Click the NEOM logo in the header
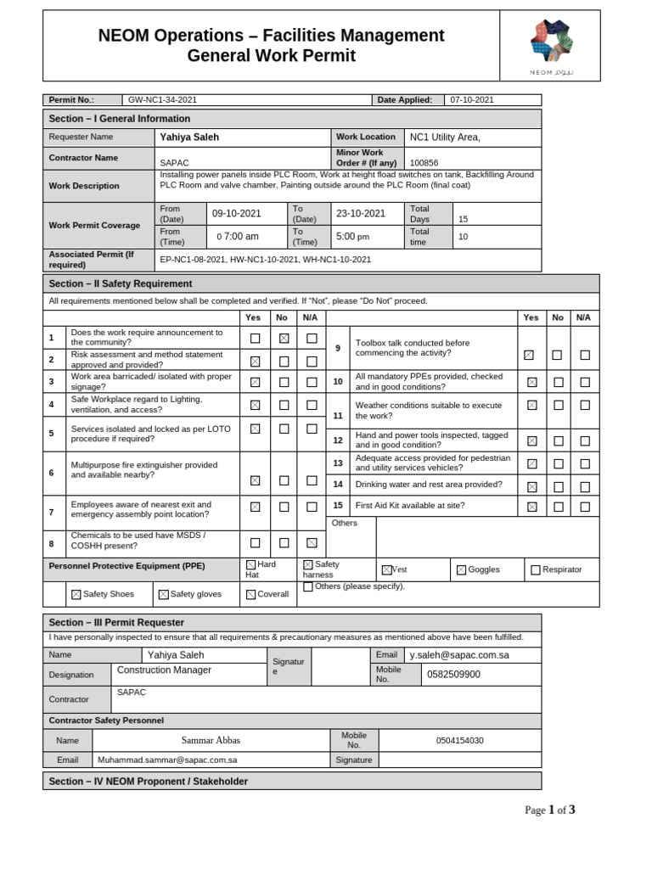[551, 42]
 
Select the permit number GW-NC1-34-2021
[162, 100]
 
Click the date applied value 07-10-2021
[472, 100]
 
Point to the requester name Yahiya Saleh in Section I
[189, 137]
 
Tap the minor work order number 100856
[424, 162]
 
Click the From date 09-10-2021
[237, 214]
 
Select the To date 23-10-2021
[361, 214]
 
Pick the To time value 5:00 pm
[353, 237]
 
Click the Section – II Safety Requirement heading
[121, 283]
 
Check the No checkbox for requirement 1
[284, 338]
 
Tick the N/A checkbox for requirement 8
[312, 542]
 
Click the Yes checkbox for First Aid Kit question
[531, 507]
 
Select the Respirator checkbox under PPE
[536, 570]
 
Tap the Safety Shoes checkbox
[76, 595]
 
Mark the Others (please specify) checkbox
[308, 586]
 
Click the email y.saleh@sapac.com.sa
[459, 655]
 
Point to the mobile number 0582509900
[453, 675]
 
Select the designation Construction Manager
[164, 670]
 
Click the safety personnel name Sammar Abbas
[210, 740]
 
